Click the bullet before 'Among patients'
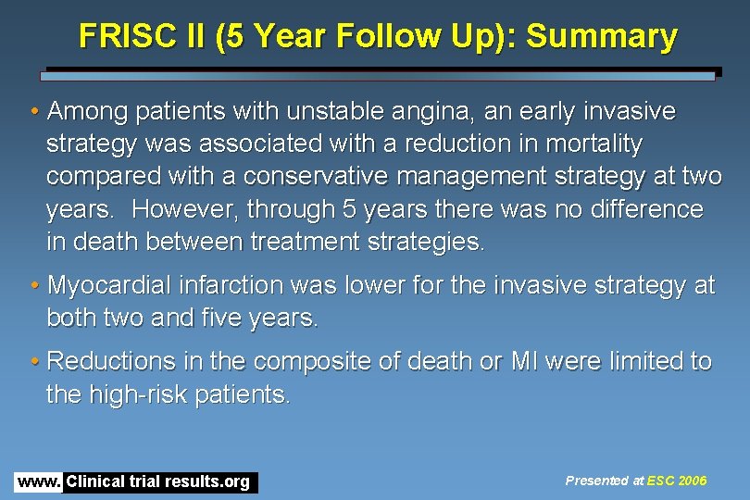pos(34,113)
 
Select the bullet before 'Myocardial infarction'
pos(34,286)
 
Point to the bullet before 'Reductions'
pos(34,362)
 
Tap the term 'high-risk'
pos(129,394)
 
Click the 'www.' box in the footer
pos(39,481)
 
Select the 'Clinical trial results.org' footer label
pos(158,481)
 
